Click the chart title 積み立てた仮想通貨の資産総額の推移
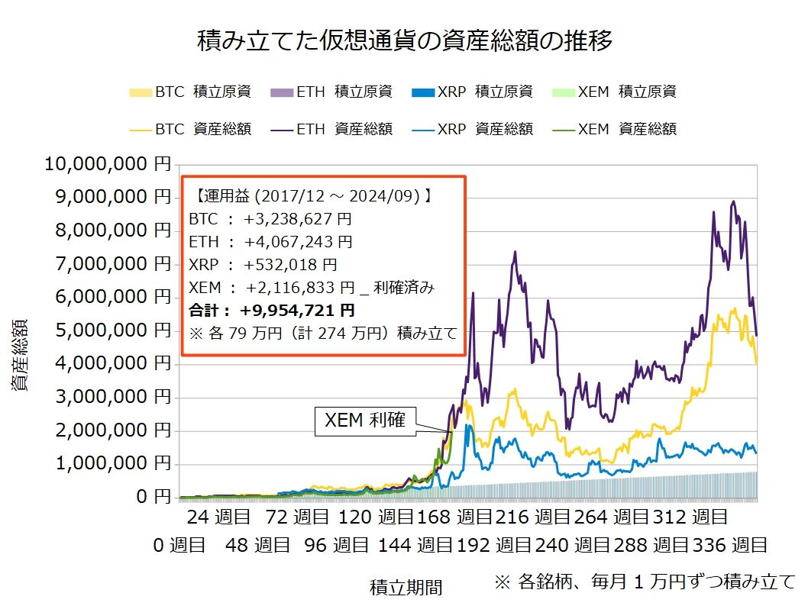pyautogui.click(x=405, y=40)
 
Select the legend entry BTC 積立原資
pyautogui.click(x=190, y=92)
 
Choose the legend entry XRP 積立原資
pyautogui.click(x=472, y=92)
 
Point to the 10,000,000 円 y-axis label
pyautogui.click(x=108, y=163)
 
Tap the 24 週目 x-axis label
pyautogui.click(x=218, y=517)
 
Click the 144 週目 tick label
pyautogui.click(x=416, y=545)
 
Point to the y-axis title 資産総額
pyautogui.click(x=21, y=355)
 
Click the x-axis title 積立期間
pyautogui.click(x=406, y=587)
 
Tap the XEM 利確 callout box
pyautogui.click(x=366, y=421)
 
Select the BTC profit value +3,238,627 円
pyautogui.click(x=298, y=219)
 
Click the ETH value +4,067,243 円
pyautogui.click(x=298, y=242)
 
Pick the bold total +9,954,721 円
pyautogui.click(x=296, y=310)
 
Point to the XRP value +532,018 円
pyautogui.click(x=290, y=265)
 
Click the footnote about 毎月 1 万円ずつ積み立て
pyautogui.click(x=645, y=582)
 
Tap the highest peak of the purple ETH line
pyautogui.click(x=733, y=201)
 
